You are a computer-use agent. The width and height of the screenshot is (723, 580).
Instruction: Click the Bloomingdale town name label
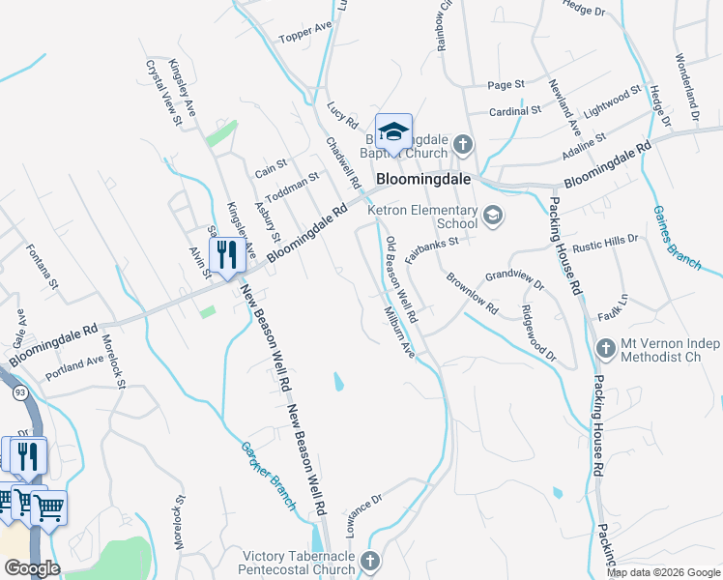point(422,179)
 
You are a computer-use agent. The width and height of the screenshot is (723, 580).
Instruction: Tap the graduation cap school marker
point(393,130)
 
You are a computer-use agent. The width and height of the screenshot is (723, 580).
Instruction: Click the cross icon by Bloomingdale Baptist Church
point(463,146)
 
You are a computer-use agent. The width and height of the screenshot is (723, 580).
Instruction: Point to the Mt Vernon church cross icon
point(606,347)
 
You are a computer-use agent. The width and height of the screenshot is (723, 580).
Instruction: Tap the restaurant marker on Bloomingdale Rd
point(226,256)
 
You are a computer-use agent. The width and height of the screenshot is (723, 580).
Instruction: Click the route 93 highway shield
point(18,390)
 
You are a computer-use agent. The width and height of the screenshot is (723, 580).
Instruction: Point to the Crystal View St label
point(164,94)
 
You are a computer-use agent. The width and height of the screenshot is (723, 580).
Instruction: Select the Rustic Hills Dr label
point(605,244)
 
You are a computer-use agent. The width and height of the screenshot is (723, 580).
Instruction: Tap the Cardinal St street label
point(515,111)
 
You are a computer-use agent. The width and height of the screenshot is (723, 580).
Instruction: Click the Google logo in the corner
point(31,568)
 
